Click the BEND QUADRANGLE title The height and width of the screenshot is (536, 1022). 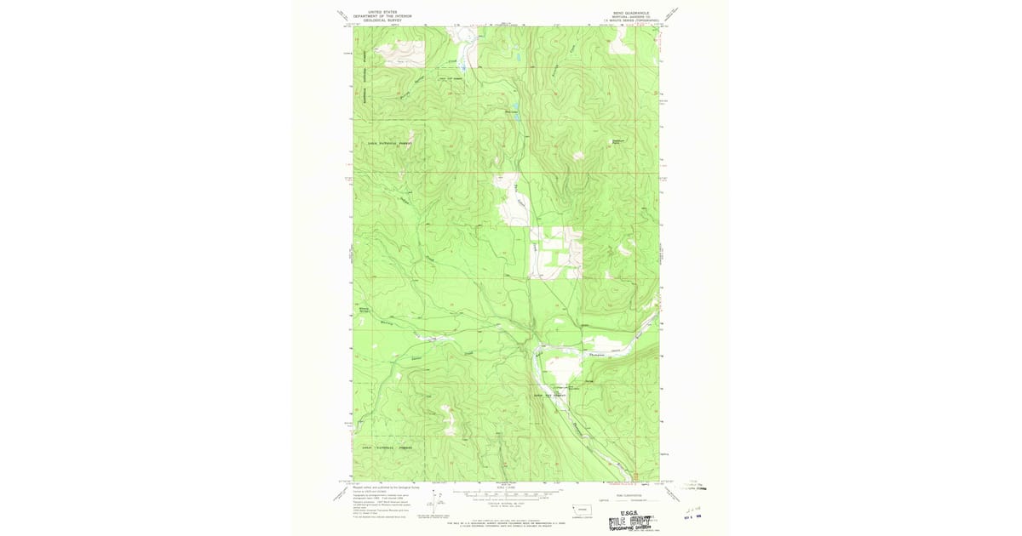[x=630, y=13]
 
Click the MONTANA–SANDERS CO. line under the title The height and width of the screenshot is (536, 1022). [x=630, y=17]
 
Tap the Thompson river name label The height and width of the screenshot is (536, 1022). [x=595, y=354]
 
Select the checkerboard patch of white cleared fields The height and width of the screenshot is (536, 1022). [x=554, y=251]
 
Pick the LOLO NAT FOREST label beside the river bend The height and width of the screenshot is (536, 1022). [x=549, y=395]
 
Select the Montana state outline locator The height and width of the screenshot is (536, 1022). [x=569, y=509]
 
